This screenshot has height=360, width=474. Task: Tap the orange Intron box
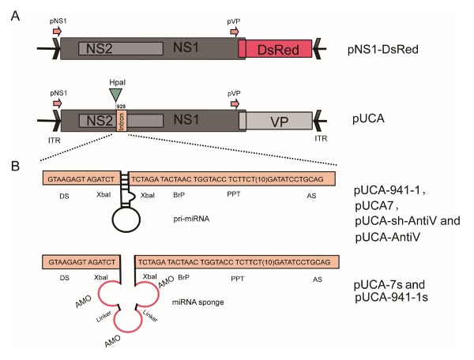pyautogui.click(x=122, y=121)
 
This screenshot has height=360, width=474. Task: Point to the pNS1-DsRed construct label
pyautogui.click(x=382, y=49)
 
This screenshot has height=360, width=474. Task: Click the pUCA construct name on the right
pyautogui.click(x=368, y=118)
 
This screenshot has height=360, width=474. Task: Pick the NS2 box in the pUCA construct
pyautogui.click(x=98, y=121)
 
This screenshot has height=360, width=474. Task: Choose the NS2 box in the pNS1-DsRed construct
pyautogui.click(x=121, y=48)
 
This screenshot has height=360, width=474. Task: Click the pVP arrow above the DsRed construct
pyautogui.click(x=235, y=32)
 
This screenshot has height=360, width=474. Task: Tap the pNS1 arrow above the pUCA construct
pyautogui.click(x=58, y=103)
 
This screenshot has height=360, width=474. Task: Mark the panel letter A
pyautogui.click(x=15, y=16)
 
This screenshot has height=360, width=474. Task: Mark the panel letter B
pyautogui.click(x=15, y=166)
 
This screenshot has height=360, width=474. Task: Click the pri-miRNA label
pyautogui.click(x=191, y=219)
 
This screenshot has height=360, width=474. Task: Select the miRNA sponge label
pyautogui.click(x=198, y=302)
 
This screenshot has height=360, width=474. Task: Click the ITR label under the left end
pyautogui.click(x=55, y=141)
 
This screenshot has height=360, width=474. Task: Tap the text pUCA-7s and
pyautogui.click(x=389, y=284)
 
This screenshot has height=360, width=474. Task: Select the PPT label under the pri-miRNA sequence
pyautogui.click(x=234, y=194)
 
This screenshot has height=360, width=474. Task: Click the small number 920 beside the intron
pyautogui.click(x=121, y=107)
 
